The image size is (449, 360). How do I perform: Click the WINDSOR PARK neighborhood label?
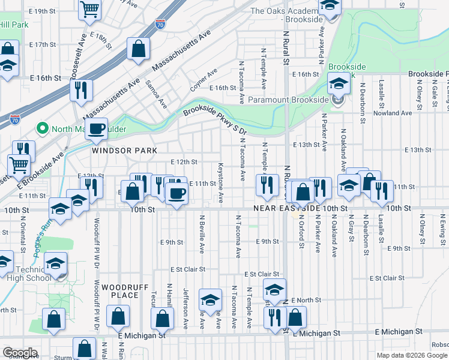[x=124, y=151]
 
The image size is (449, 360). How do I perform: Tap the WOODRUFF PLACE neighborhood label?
[x=124, y=291]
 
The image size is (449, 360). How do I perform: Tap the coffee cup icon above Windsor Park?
[x=96, y=128]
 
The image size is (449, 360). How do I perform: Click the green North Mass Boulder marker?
[x=42, y=128]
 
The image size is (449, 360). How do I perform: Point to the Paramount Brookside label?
[x=288, y=100]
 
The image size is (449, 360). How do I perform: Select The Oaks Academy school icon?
[x=329, y=6]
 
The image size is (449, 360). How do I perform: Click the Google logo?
[x=20, y=352]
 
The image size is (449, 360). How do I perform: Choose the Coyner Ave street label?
[x=204, y=80]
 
